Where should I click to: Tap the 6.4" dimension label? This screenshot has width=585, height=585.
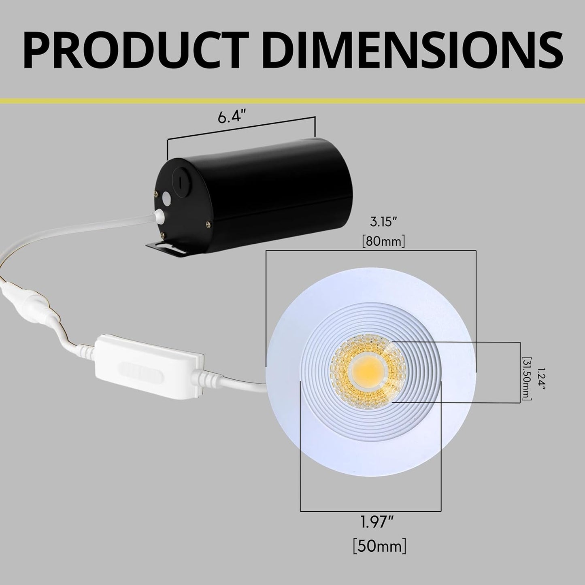[232, 118]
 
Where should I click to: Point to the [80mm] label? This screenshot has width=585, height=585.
[383, 242]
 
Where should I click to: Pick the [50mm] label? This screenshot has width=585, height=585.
[379, 547]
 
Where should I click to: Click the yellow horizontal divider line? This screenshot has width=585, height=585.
[292, 100]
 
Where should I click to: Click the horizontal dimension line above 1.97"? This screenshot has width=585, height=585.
[370, 510]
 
